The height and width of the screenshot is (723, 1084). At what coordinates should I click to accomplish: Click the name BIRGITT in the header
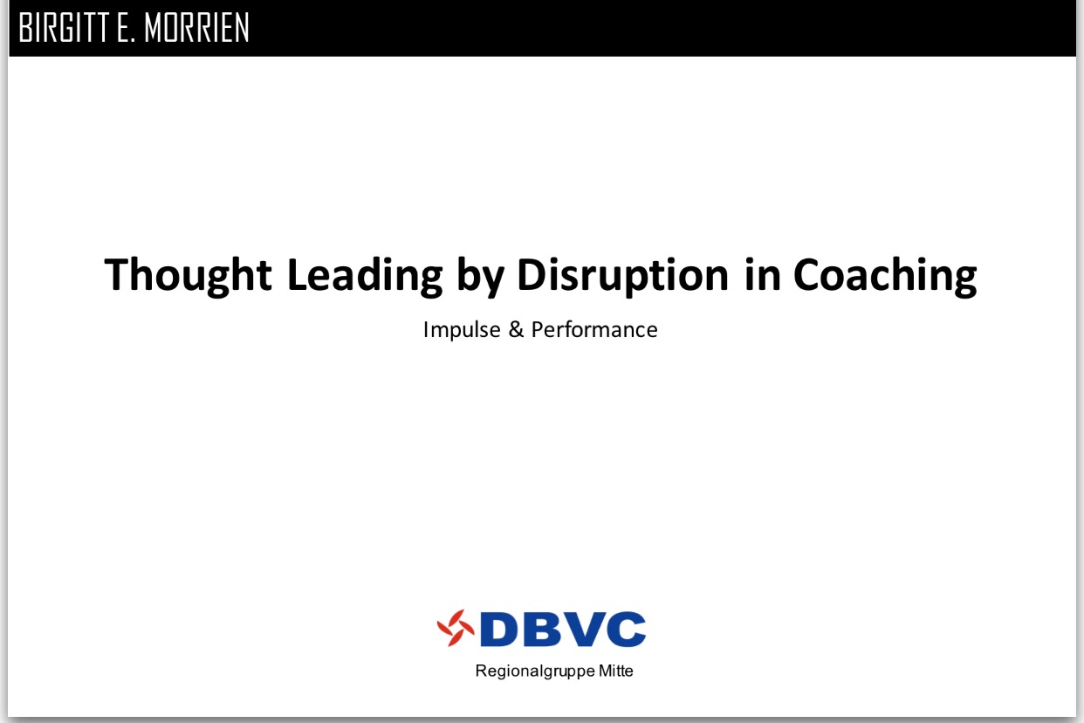click(x=64, y=28)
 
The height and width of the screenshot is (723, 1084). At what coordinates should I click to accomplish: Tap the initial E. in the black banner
click(x=125, y=28)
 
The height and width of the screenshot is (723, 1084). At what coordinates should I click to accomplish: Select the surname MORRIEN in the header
click(x=196, y=28)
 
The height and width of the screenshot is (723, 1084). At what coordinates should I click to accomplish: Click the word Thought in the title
click(x=188, y=275)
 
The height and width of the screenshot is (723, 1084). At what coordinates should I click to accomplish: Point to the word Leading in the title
click(x=365, y=275)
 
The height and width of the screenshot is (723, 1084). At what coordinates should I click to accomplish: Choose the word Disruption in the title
click(x=623, y=275)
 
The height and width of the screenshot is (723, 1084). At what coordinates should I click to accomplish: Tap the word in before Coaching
click(x=762, y=274)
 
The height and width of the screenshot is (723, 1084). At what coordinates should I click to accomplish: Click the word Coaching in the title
click(x=885, y=275)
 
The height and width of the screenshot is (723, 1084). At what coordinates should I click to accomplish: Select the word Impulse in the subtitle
click(x=462, y=330)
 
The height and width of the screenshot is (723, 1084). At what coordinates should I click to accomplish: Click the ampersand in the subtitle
click(x=517, y=330)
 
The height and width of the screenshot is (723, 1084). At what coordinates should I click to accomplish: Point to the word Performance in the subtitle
click(x=594, y=330)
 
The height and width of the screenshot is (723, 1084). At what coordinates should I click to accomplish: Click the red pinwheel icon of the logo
click(x=456, y=628)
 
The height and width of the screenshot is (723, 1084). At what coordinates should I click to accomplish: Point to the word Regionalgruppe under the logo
click(x=535, y=671)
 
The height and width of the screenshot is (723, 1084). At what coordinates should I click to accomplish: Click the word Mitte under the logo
click(x=616, y=671)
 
